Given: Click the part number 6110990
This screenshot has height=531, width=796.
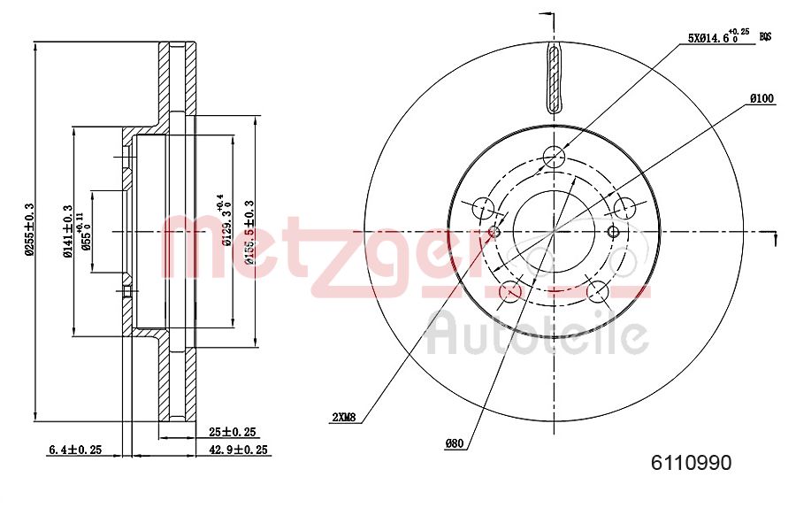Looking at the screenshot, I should pos(691,462).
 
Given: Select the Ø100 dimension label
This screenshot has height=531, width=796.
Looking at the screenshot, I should pos(762,99).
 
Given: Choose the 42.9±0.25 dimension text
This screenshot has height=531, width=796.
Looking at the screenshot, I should pos(238,450).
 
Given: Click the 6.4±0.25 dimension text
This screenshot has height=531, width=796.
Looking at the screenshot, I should pos(74,450).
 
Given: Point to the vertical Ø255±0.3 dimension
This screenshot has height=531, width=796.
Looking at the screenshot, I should pos(29,230).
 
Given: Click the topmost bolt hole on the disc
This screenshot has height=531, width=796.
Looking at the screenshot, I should pos(554,158).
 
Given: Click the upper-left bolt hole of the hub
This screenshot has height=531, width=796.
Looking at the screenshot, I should pos(483,209).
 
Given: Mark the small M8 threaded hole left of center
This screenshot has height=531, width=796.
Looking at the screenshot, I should pos(495,232).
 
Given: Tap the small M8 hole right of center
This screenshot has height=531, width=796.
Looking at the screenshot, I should pos(613,231).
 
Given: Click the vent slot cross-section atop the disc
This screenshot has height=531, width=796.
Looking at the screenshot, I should pos(554,80).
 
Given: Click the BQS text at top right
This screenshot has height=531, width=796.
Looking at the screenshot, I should pos(766,36).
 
